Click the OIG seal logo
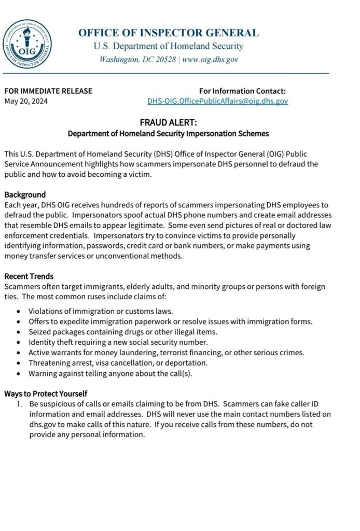(27, 44)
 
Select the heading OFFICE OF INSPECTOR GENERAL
(168, 33)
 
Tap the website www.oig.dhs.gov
(210, 60)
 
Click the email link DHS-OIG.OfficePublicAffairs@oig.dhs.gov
(217, 101)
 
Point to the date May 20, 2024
(26, 101)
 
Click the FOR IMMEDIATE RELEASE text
(48, 91)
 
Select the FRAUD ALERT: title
(168, 123)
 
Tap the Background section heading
(25, 194)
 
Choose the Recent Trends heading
(29, 276)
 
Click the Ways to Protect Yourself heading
(46, 393)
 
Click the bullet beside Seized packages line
(19, 332)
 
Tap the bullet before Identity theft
(19, 342)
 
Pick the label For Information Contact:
(242, 91)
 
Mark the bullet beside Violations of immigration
(19, 312)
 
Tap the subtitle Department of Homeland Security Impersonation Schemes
(168, 133)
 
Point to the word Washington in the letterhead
(120, 60)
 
